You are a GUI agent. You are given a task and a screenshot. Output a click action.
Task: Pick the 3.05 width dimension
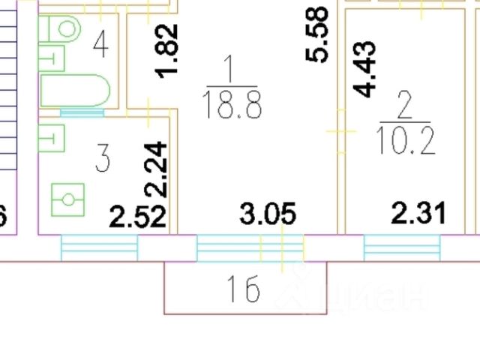[268, 214]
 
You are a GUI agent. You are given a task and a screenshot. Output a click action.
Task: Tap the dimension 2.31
[419, 213]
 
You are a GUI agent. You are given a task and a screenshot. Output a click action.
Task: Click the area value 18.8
[231, 106]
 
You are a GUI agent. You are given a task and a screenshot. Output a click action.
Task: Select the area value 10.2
[408, 139]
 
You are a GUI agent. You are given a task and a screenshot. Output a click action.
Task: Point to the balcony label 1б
[242, 289]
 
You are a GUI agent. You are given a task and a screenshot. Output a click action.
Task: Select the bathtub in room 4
[75, 91]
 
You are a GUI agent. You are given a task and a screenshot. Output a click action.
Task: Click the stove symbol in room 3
[68, 199]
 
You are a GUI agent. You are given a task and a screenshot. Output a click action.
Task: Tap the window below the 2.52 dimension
[99, 246]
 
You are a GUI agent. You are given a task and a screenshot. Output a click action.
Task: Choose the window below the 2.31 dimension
[401, 246]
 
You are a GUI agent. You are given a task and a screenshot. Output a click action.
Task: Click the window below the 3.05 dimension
[250, 246]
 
